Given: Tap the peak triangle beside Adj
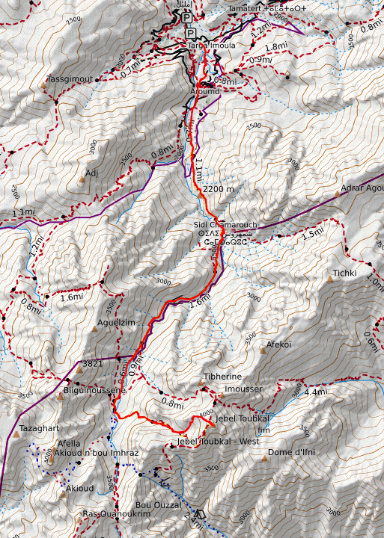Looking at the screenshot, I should tap(82, 181).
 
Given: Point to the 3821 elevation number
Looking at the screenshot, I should tap(92, 364).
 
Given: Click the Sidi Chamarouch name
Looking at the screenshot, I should tap(220, 225).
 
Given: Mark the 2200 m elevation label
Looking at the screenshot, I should tap(218, 189).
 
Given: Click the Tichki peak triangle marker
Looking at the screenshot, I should tap(329, 279).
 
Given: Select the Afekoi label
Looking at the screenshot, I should tap(278, 344).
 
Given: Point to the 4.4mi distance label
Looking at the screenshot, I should tap(317, 392).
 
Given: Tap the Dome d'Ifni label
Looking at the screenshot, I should tap(289, 452).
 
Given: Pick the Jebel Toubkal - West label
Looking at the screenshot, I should tap(218, 441).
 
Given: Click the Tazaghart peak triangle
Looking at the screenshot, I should tap(16, 434).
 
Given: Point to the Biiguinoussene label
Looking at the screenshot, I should tap(94, 390).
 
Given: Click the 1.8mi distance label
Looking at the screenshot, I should tap(277, 46).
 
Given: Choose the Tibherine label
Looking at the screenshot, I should tap(222, 377).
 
